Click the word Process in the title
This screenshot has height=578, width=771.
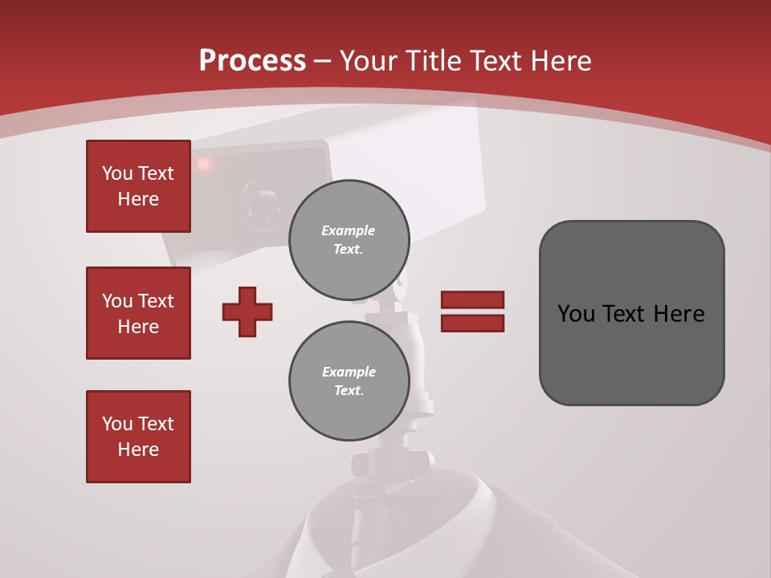pos(252,61)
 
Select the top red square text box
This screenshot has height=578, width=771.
pos(138,186)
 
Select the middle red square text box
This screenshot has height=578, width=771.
pos(138,313)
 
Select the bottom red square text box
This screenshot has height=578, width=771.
pos(138,437)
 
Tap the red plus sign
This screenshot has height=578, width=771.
pos(247,311)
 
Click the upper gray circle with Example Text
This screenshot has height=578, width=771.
pos(349,240)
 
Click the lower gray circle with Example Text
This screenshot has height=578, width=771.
pos(349,381)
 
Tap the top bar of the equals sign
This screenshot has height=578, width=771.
pos(472,299)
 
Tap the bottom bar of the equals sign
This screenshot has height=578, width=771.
pos(472,323)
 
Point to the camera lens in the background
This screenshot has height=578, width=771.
pos(261,201)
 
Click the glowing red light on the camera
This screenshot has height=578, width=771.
pos(203,165)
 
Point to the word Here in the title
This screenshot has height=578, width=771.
pos(560,61)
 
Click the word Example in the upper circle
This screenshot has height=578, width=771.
pos(349,231)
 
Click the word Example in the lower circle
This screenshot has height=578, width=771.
pos(349,372)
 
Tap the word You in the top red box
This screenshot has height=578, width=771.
pos(117,173)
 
